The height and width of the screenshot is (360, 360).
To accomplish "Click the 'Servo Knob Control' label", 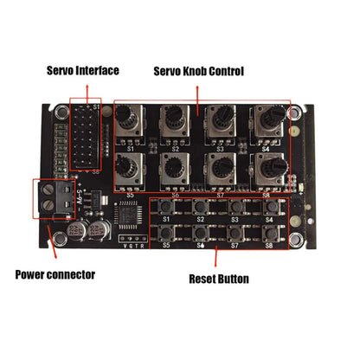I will [x=198, y=69].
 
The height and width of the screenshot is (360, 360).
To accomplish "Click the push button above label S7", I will [x=235, y=232].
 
